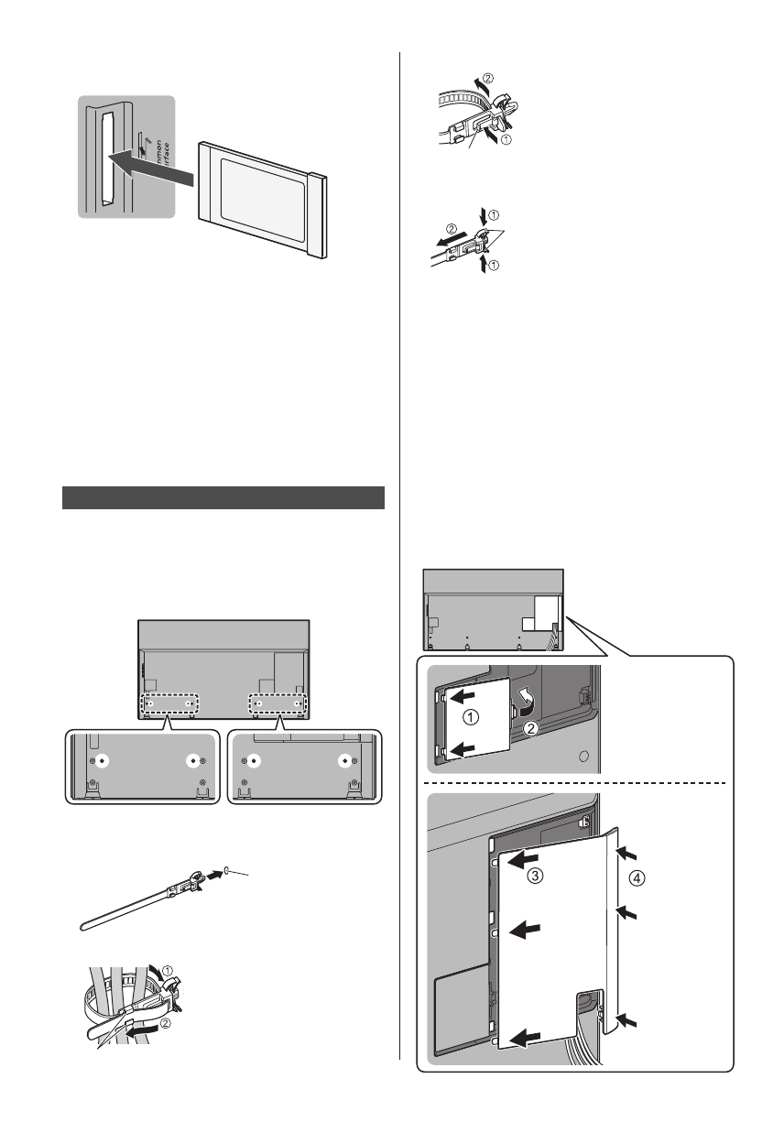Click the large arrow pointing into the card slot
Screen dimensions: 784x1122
click(151, 169)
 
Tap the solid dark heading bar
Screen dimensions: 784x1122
click(223, 497)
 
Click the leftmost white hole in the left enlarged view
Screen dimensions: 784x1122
click(103, 760)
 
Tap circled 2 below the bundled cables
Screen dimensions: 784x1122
click(164, 1025)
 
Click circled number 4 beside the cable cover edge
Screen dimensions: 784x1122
click(637, 877)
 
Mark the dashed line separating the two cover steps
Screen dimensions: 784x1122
click(577, 783)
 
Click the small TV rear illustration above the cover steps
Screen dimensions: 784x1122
click(493, 609)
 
